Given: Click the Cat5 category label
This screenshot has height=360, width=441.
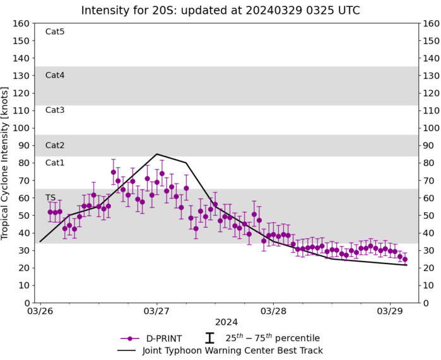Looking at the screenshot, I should tap(55, 32).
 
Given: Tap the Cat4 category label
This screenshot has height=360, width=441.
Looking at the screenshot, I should tap(55, 75).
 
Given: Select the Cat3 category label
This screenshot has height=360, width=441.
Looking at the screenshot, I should tap(55, 110).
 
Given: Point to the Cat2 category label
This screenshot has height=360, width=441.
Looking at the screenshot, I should tap(55, 145).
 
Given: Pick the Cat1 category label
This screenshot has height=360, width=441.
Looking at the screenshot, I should tap(55, 163).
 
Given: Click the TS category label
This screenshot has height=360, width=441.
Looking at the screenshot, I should tap(50, 197).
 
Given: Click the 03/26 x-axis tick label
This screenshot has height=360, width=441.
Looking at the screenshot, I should tap(40, 311).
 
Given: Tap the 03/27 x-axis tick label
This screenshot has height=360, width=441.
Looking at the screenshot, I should tap(156, 311).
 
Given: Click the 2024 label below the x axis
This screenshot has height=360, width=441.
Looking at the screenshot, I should tap(226, 323).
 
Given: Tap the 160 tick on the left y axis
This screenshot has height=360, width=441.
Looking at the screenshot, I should tap(21, 23).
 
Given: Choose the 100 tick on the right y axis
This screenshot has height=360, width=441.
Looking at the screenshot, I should tap(431, 128).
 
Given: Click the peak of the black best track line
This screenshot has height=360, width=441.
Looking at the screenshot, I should tap(156, 154).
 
